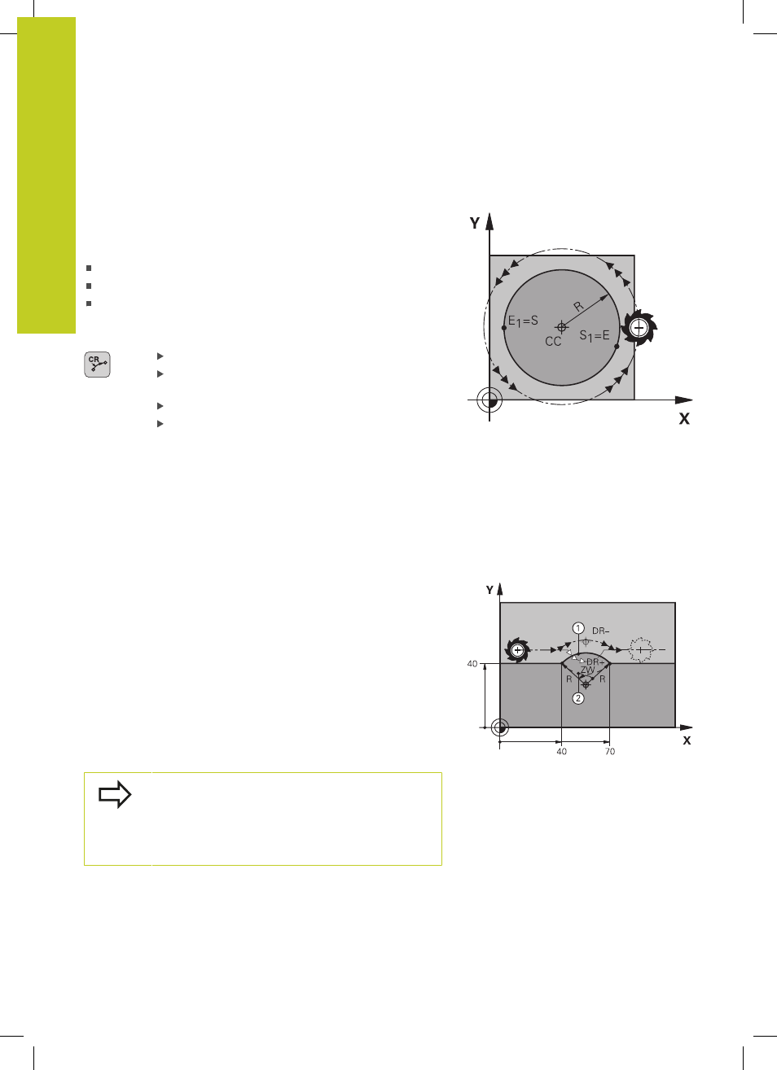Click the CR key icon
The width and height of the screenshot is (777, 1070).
pyautogui.click(x=97, y=365)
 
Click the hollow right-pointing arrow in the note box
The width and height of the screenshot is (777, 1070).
pyautogui.click(x=115, y=794)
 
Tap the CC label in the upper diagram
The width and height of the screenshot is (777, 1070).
pyautogui.click(x=553, y=342)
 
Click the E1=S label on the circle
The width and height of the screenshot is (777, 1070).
pyautogui.click(x=523, y=321)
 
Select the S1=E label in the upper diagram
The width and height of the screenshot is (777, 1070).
pyautogui.click(x=595, y=336)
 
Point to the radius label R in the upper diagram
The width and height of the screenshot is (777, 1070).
pyautogui.click(x=578, y=306)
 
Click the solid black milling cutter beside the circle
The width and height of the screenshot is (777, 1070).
pyautogui.click(x=639, y=328)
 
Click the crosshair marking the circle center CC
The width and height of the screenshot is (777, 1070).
pyautogui.click(x=562, y=327)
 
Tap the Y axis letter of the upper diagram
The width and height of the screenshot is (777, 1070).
pyautogui.click(x=474, y=223)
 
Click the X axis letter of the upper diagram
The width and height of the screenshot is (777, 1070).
pyautogui.click(x=684, y=419)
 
